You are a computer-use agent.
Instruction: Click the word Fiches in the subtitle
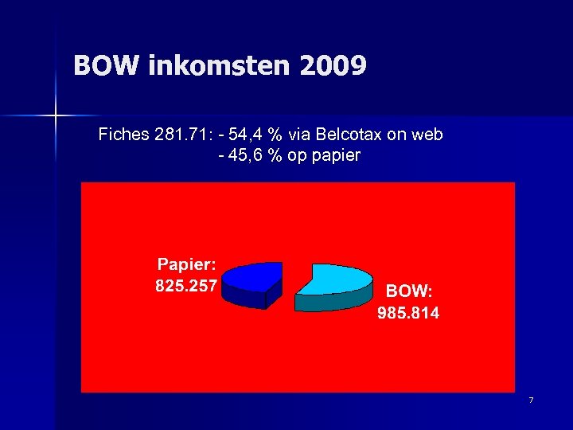click(x=123, y=135)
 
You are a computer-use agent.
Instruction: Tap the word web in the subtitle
click(x=426, y=135)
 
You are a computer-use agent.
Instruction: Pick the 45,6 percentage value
click(x=246, y=155)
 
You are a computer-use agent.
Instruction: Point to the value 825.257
click(x=186, y=285)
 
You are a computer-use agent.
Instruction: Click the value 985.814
click(x=408, y=313)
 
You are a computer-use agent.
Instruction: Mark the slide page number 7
click(x=530, y=399)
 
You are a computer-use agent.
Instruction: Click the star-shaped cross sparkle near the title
click(x=55, y=116)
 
